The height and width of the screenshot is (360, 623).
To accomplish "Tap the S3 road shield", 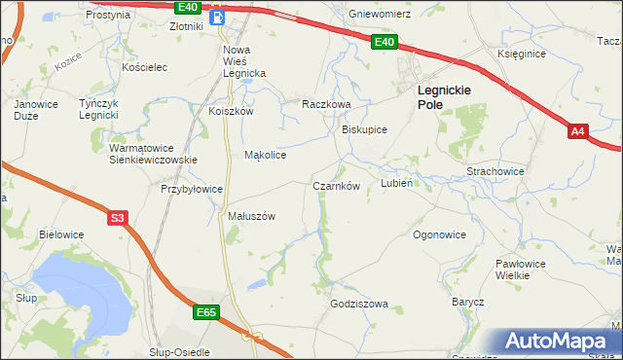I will tap(118, 219).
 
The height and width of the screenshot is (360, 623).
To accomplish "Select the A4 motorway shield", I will tap(578, 131).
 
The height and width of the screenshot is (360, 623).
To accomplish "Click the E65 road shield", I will tap(205, 312).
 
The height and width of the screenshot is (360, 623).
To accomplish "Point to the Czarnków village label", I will tap(337, 186).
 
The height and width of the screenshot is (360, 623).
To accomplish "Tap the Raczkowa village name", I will tap(325, 104).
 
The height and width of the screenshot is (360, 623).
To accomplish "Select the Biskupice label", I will tap(365, 129).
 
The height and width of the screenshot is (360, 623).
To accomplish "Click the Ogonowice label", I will tap(439, 234).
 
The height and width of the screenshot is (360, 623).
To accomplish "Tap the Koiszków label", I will tap(231, 111).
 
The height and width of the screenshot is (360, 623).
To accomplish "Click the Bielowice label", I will tap(61, 234).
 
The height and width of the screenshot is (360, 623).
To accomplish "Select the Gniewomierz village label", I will tap(381, 15).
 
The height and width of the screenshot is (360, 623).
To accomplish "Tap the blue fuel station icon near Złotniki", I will tap(218, 16).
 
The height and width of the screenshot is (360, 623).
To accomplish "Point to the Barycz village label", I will tap(467, 303).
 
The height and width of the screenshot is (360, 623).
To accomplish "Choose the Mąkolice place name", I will tap(265, 155).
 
